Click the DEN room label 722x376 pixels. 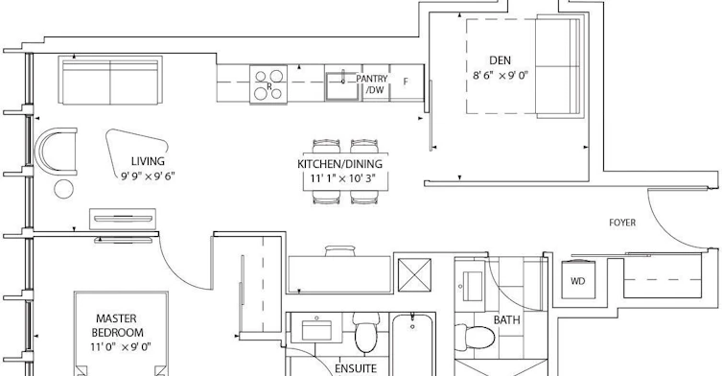(500, 60)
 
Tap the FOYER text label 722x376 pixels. (622, 223)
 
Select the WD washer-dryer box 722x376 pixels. (578, 279)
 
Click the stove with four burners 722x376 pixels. (268, 83)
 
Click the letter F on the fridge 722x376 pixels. (406, 82)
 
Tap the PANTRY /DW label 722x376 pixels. (372, 84)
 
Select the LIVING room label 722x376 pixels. (148, 161)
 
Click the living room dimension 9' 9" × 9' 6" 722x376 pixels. (148, 176)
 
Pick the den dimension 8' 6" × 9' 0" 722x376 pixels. (501, 75)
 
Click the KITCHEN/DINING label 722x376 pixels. (339, 164)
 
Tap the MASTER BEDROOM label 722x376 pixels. (117, 325)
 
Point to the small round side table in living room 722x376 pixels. (63, 189)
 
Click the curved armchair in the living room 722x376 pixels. (41, 152)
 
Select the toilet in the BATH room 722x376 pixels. (475, 338)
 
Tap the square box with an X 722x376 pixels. (414, 275)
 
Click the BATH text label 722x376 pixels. (507, 320)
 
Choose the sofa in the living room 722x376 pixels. (110, 81)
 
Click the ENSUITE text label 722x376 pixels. (356, 368)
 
